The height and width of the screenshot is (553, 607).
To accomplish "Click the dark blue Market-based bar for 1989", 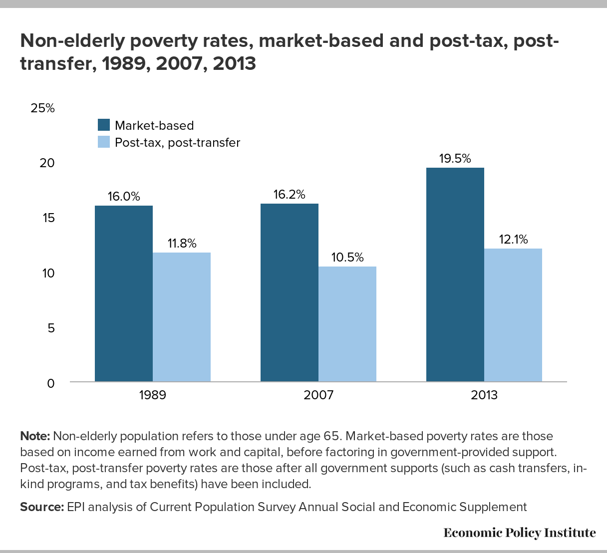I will (124, 294).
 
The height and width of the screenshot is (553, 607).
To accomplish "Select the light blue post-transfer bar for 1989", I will (182, 317).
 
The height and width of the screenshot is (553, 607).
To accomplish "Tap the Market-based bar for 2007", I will (290, 293).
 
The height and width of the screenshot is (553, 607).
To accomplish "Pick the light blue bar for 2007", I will (347, 324).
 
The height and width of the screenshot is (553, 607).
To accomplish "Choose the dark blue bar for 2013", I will (455, 275).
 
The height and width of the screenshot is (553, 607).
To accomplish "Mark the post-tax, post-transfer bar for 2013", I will (513, 315).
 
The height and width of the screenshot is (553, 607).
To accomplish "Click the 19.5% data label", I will (455, 159).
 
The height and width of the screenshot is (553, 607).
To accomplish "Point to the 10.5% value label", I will (347, 258).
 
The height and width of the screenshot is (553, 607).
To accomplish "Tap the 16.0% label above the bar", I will (124, 197).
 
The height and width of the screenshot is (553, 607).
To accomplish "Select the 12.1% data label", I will (513, 240).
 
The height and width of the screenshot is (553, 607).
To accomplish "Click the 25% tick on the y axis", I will (42, 108).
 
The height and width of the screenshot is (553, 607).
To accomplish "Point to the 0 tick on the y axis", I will (50, 383).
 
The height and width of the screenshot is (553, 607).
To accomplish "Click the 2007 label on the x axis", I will (318, 395).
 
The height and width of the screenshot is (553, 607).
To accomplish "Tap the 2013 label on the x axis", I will (484, 395).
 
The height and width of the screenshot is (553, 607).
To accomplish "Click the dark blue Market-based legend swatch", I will (104, 125).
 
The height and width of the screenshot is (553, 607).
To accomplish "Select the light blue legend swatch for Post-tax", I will (104, 142).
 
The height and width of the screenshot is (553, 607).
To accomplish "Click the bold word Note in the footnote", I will (34, 436).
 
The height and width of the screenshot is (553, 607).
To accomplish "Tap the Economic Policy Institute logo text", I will (519, 533).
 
